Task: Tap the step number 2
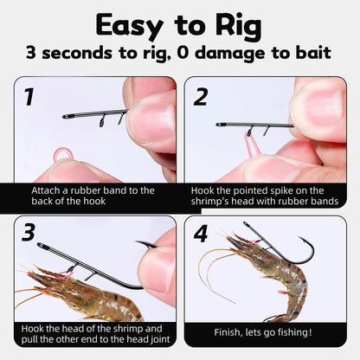coord(201,96)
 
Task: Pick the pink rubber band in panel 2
coord(252,143)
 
